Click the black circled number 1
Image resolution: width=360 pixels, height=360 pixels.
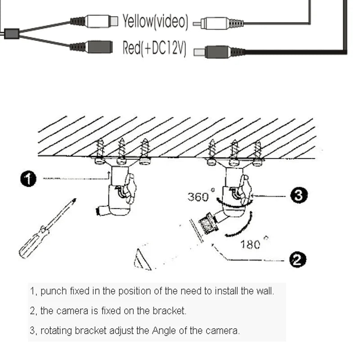click(28, 179)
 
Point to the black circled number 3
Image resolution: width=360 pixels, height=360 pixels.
click(298, 195)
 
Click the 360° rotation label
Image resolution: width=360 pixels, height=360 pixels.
click(199, 197)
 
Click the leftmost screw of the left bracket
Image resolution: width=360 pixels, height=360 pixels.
click(100, 150)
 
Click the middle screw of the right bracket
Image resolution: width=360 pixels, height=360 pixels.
click(234, 152)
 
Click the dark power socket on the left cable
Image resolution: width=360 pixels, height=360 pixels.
click(99, 47)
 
